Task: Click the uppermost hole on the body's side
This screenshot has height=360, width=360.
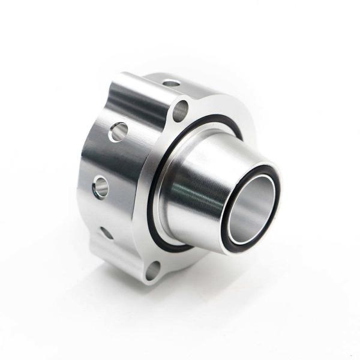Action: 119,131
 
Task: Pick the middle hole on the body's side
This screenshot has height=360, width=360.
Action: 100,186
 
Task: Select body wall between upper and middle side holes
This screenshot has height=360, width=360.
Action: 108,159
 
